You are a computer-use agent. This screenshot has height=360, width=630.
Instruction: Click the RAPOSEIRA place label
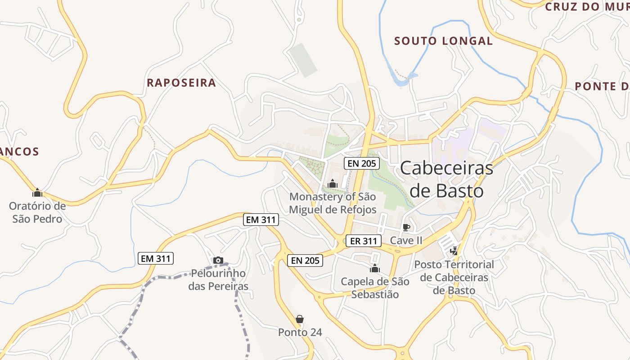[x=181, y=83]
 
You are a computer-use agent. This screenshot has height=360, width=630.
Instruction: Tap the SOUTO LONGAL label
[x=443, y=41]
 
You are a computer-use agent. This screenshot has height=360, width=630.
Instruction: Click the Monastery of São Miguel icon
[x=333, y=184]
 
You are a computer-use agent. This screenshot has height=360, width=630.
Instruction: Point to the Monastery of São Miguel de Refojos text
[x=333, y=203]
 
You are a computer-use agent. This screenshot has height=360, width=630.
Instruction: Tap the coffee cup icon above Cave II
[x=406, y=227]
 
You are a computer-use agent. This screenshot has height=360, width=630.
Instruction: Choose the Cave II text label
[x=406, y=240]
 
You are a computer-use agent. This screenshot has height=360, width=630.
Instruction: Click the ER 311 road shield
[x=363, y=241]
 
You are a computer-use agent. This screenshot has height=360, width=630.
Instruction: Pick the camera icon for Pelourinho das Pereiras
[x=218, y=260]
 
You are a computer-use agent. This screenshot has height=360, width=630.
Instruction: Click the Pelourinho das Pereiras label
[x=218, y=279]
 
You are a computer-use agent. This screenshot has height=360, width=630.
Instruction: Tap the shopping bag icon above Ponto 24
[x=300, y=319]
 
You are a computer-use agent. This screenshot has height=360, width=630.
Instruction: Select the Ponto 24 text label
[x=300, y=333]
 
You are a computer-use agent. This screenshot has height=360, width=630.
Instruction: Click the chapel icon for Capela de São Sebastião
[x=375, y=269]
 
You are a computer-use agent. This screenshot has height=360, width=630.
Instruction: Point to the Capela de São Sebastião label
[x=375, y=288]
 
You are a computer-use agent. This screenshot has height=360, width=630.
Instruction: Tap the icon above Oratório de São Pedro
[x=37, y=193]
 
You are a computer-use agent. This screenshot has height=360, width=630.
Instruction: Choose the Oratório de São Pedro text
[x=37, y=212]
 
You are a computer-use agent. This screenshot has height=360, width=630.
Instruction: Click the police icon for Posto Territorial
[x=454, y=251]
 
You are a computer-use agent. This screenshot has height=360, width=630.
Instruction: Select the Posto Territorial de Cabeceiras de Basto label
[x=454, y=277]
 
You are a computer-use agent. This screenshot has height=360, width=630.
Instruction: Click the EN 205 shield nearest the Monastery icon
[x=361, y=163]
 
